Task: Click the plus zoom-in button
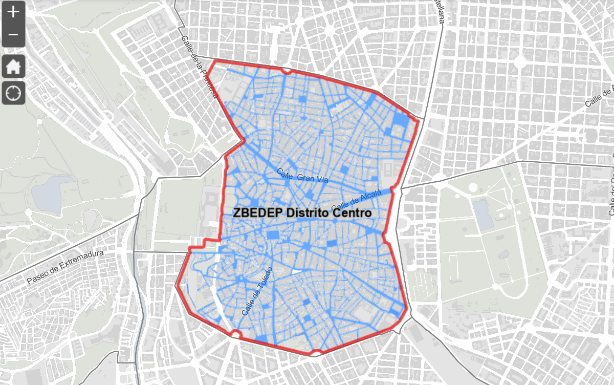click(13, 12)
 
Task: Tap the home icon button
click(13, 67)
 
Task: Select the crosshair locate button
click(13, 93)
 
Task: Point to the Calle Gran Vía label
click(301, 177)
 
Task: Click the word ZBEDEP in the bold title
click(257, 213)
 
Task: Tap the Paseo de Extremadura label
click(65, 267)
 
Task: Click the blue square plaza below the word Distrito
click(274, 235)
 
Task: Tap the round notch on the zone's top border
click(287, 71)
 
